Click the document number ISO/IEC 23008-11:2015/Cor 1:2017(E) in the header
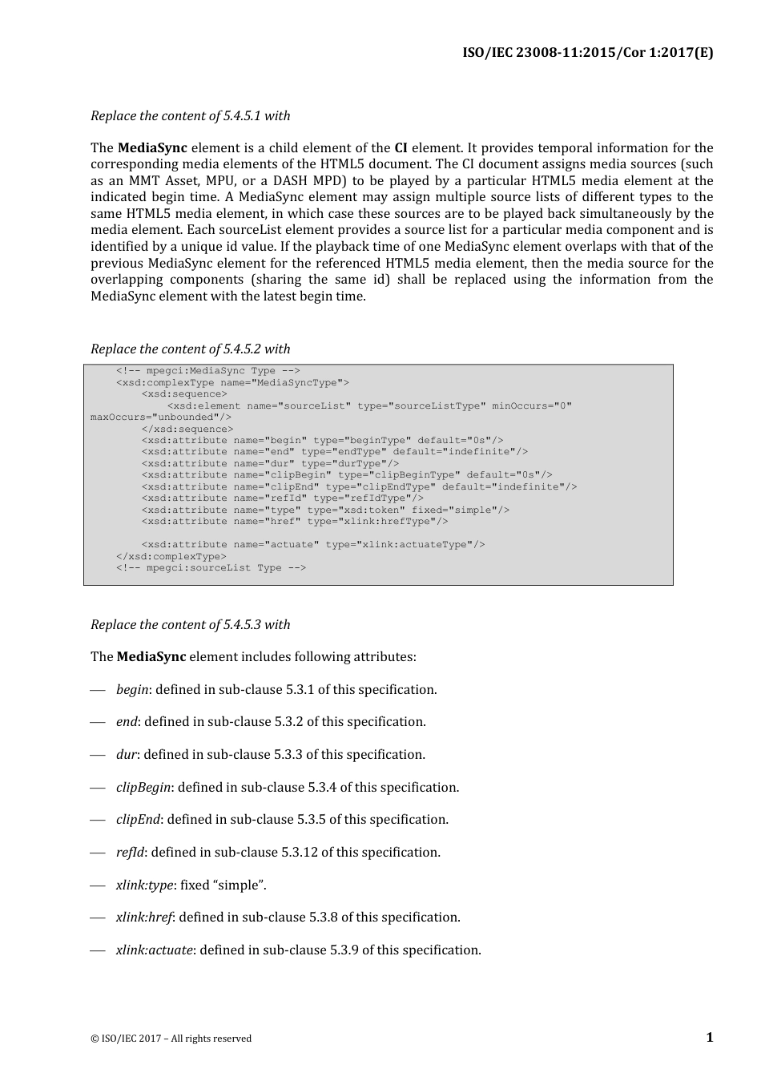pos(587,53)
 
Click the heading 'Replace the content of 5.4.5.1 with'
pos(190,116)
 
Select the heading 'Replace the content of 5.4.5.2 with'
pos(190,349)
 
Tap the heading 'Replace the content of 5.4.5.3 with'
pos(190,625)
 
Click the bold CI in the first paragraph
pos(401,148)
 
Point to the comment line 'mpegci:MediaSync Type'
pos(207,371)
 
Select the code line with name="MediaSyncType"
pos(232,383)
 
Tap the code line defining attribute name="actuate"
pos(312,545)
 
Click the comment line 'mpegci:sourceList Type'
pos(211,568)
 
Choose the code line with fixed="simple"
pos(325,510)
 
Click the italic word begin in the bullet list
pos(132,690)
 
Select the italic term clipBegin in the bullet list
pos(143,788)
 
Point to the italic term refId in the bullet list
pos(130,853)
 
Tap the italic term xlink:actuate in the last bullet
pos(154,950)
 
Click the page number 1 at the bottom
pos(709,1038)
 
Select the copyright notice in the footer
pos(171,1039)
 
